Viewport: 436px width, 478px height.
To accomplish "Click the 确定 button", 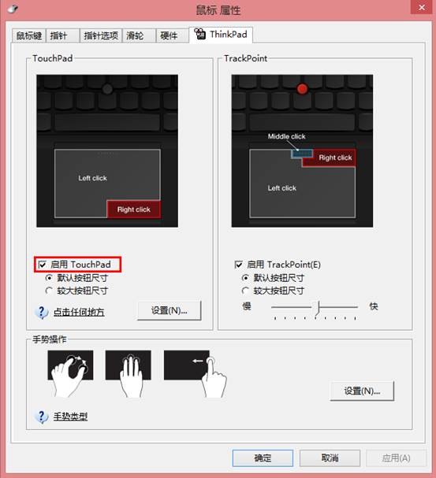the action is [x=263, y=458].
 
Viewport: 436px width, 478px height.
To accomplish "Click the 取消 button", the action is [x=330, y=458].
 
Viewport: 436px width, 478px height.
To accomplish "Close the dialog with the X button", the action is [x=422, y=7].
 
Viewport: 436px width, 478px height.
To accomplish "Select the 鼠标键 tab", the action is [x=29, y=35].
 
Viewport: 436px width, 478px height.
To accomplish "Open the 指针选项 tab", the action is [x=101, y=35].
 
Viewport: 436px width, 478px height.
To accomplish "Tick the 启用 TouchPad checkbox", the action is [x=42, y=265].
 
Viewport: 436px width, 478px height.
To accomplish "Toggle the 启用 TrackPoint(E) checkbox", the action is [x=239, y=265].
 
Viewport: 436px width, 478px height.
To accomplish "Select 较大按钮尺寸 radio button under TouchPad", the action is [x=49, y=291].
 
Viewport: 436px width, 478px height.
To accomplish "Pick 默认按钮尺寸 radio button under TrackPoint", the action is [x=245, y=278].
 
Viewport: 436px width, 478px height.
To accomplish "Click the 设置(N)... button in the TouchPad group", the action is [x=170, y=310].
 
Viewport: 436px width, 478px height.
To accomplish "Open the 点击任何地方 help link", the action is [x=79, y=312].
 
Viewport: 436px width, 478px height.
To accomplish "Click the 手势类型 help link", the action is [x=70, y=417].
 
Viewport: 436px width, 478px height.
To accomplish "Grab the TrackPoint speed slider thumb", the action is [x=317, y=308].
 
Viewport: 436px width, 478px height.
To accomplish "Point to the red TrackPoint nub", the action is [x=303, y=89].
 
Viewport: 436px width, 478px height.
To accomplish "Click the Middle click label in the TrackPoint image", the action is [x=286, y=136].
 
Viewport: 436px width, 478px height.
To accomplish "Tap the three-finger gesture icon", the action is [x=129, y=372].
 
